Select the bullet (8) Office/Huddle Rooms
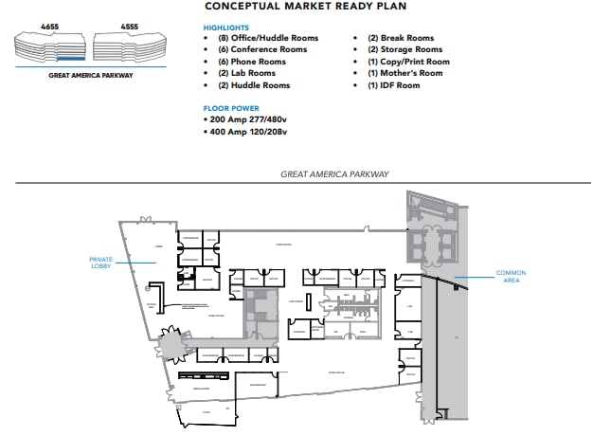tap(268, 39)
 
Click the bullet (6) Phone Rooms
tap(253, 62)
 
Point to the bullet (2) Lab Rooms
tap(247, 73)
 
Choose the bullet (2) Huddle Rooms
tap(254, 85)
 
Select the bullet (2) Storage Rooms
tap(404, 50)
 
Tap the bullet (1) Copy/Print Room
tap(408, 62)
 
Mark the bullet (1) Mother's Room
tap(404, 73)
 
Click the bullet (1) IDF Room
tap(394, 85)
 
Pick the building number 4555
tap(131, 27)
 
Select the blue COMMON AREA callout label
tap(511, 276)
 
